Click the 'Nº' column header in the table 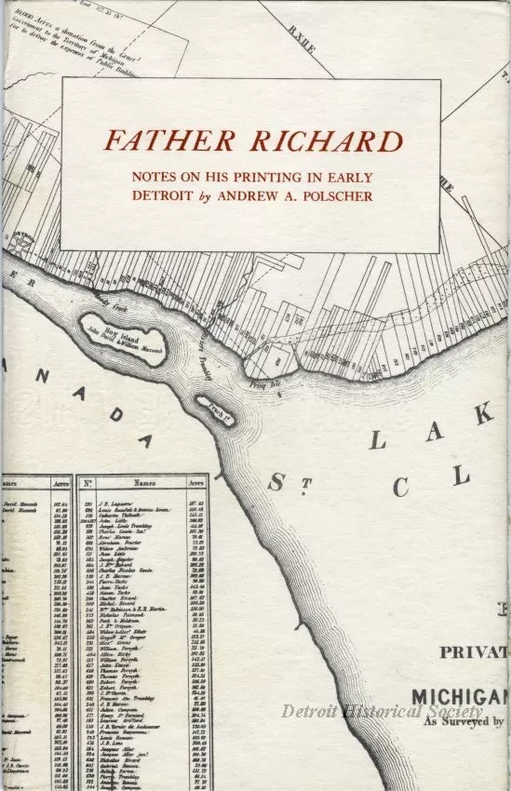(x=87, y=484)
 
